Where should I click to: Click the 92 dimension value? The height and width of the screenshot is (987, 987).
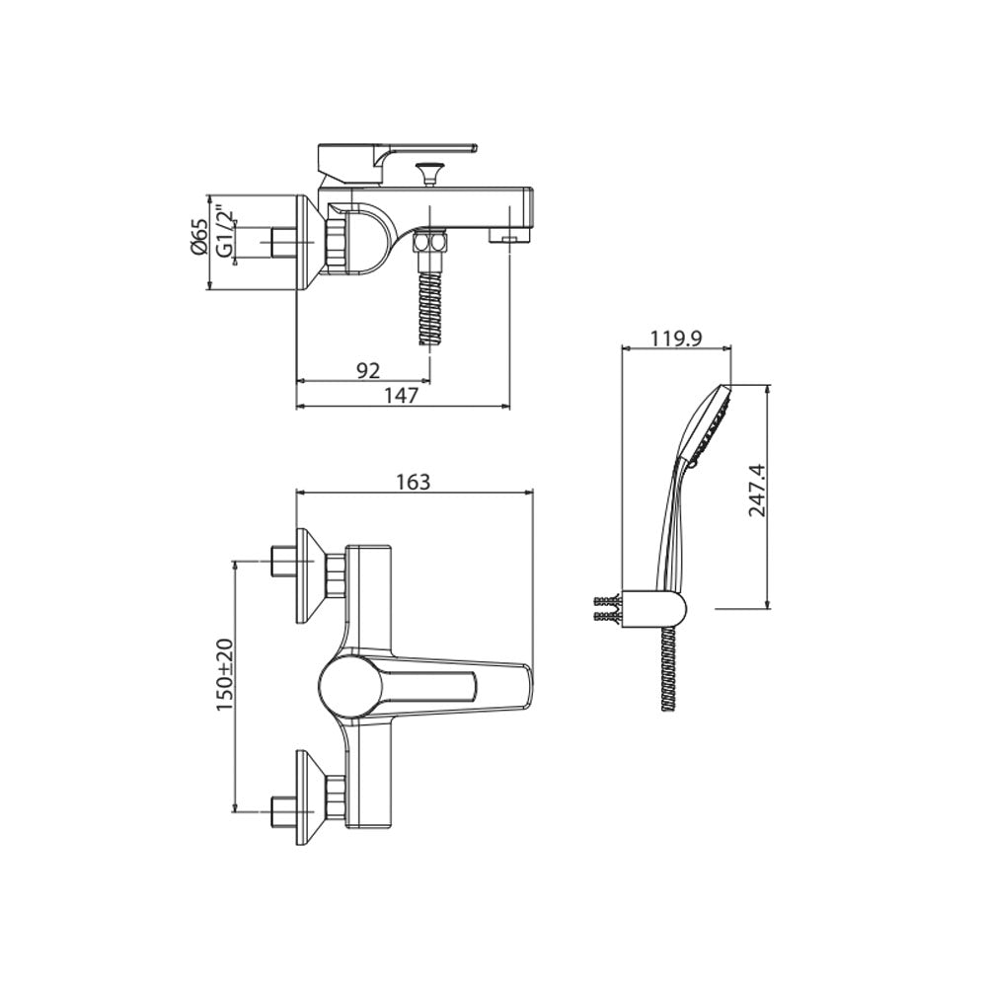click(x=368, y=371)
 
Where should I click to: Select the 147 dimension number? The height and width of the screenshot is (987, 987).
click(x=401, y=396)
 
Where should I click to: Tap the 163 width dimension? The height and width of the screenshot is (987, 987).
click(x=414, y=482)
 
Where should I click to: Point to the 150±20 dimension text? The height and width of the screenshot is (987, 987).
click(x=225, y=675)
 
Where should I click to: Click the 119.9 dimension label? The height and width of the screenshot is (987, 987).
click(x=676, y=339)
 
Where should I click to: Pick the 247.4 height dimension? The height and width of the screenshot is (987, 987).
click(x=757, y=490)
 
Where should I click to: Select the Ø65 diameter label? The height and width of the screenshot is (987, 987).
click(x=197, y=237)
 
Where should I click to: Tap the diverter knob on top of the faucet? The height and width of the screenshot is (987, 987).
click(x=428, y=173)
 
